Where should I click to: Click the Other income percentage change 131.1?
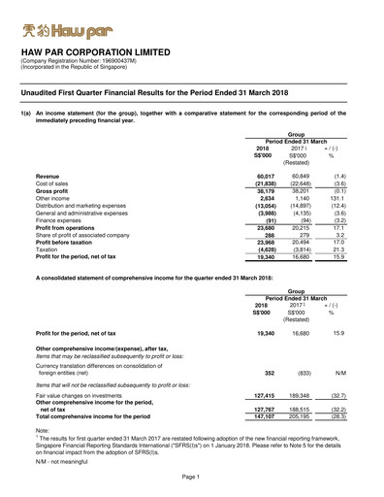pos(331,199)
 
